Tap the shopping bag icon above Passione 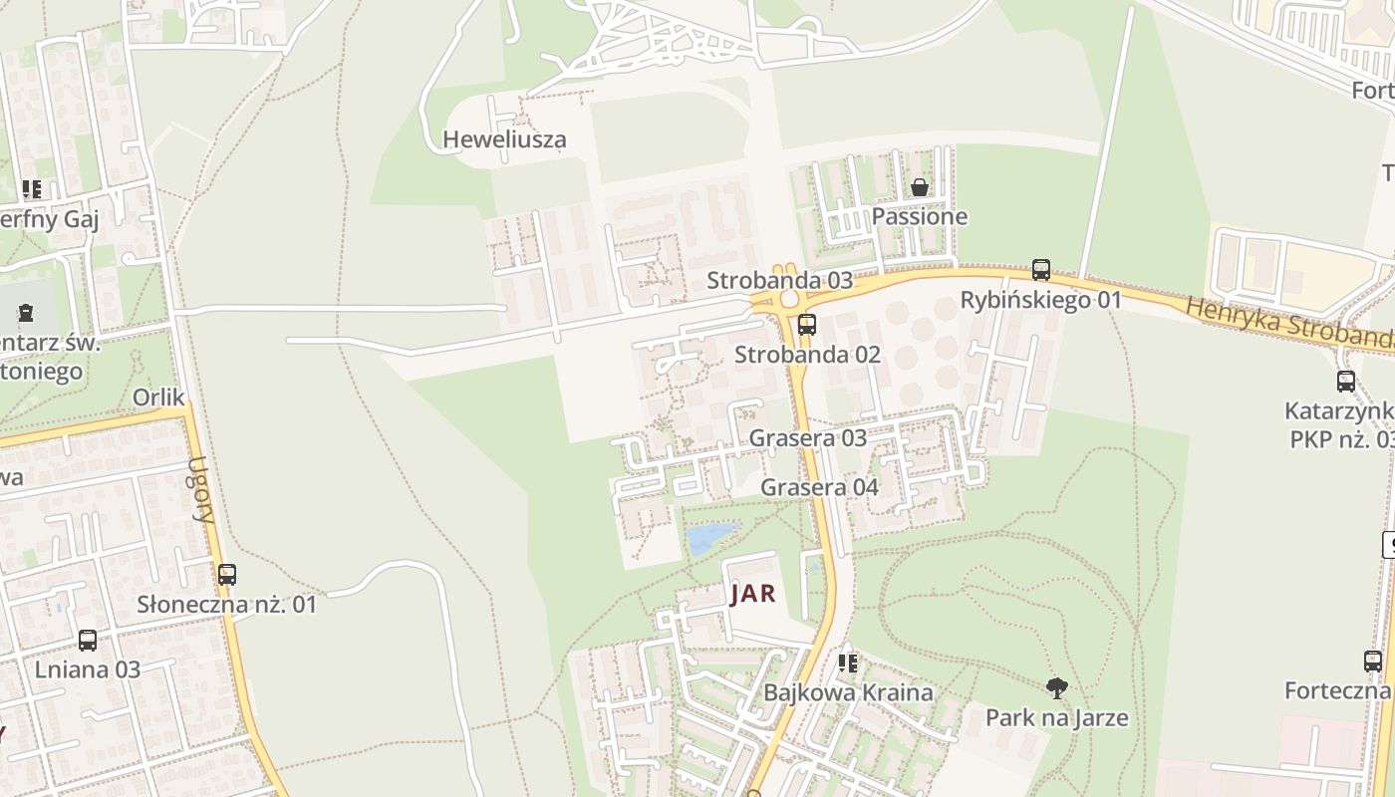(x=919, y=187)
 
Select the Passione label (x=919, y=216)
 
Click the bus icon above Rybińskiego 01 (x=1041, y=269)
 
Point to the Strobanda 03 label (x=779, y=280)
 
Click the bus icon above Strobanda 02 (x=807, y=324)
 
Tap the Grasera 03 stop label (x=807, y=437)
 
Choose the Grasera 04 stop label (x=819, y=487)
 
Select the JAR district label (x=752, y=595)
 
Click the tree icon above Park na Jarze (x=1056, y=687)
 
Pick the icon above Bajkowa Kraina (x=848, y=663)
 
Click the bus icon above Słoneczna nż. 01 (x=227, y=574)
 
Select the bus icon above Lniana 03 (x=88, y=640)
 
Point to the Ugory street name (x=202, y=489)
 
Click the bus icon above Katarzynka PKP (x=1345, y=381)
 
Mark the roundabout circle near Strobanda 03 (x=789, y=298)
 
